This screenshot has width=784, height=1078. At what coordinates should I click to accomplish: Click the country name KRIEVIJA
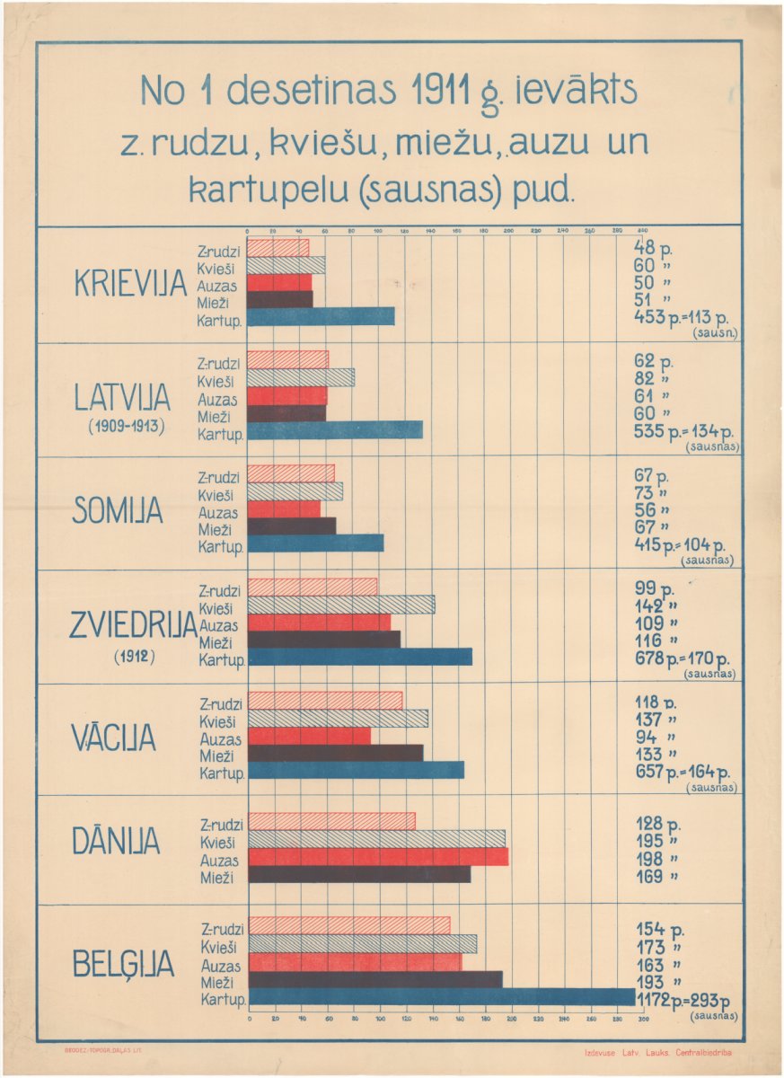[x=129, y=284]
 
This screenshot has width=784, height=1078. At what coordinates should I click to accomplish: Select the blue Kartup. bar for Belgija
[x=441, y=997]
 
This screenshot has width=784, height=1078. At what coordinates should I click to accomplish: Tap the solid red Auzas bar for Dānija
[x=377, y=856]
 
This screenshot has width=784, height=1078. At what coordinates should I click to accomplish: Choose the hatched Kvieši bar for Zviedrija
[x=341, y=605]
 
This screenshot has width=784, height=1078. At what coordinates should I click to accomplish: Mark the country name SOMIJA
[x=118, y=511]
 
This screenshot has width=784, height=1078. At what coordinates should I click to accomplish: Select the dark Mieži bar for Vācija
[x=335, y=754]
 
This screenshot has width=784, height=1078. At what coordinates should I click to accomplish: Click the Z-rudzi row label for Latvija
[x=218, y=364]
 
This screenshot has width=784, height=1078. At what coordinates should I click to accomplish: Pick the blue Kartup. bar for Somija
[x=315, y=543]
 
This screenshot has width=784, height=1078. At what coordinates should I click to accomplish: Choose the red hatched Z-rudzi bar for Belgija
[x=348, y=925]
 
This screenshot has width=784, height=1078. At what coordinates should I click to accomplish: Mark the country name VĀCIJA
[x=113, y=738]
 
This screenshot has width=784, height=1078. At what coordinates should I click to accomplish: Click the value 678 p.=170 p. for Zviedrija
[x=682, y=658]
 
